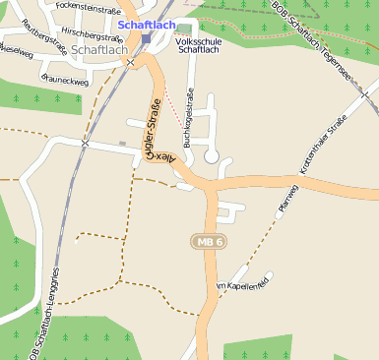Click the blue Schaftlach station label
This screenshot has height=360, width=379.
pos(145,24)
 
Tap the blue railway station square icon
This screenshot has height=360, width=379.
pos(146,39)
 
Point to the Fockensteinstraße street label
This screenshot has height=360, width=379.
pos(89,6)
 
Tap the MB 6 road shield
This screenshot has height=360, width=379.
pos(210,241)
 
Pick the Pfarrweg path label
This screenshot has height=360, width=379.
pos(288,197)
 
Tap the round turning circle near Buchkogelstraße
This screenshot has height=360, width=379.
pos(211,156)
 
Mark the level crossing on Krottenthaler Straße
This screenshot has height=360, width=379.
pos(365,95)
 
